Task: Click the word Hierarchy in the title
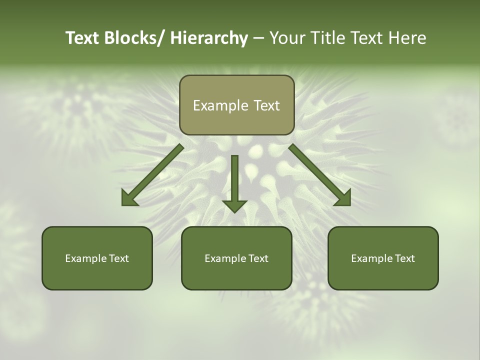(x=209, y=38)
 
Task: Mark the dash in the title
(x=258, y=38)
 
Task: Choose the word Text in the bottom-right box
(x=404, y=258)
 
